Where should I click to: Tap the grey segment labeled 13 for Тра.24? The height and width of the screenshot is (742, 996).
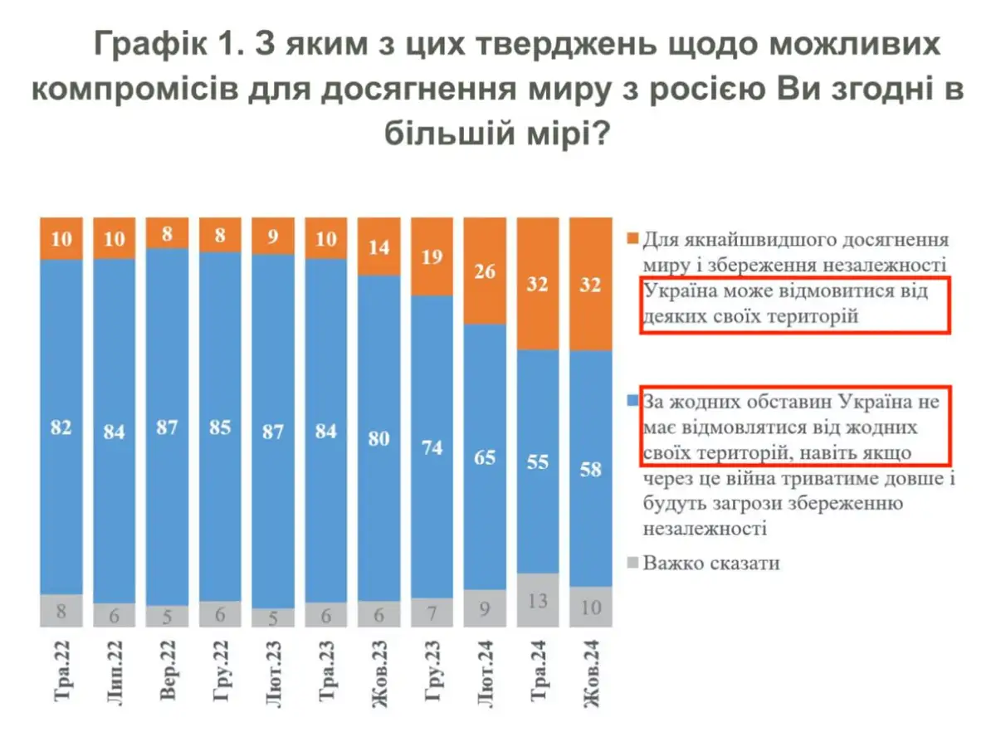539,599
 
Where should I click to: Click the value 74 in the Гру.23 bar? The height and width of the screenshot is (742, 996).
432,447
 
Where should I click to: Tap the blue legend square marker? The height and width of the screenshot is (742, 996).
632,402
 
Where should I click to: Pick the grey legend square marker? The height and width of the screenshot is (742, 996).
632,563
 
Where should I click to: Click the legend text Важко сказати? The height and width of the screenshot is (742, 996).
710,563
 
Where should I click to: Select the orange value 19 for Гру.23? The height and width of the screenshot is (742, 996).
432,256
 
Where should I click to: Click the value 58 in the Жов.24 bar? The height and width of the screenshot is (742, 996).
592,469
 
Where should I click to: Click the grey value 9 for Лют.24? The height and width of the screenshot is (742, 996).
486,608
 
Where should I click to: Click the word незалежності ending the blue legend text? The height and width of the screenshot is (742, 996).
703,528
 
